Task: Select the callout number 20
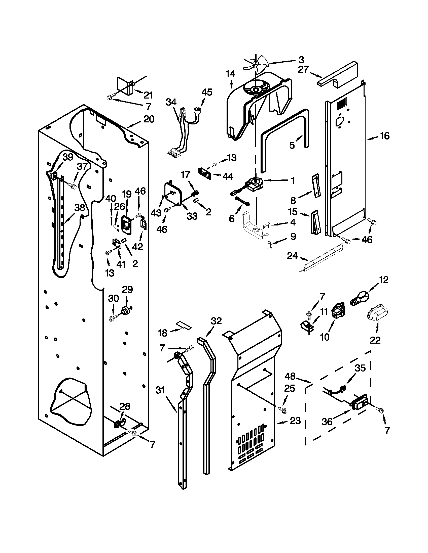point(149,119)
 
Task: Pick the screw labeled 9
point(269,245)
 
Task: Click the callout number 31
point(160,390)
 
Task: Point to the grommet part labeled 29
point(126,310)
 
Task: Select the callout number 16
point(385,136)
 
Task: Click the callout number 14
point(230,74)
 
